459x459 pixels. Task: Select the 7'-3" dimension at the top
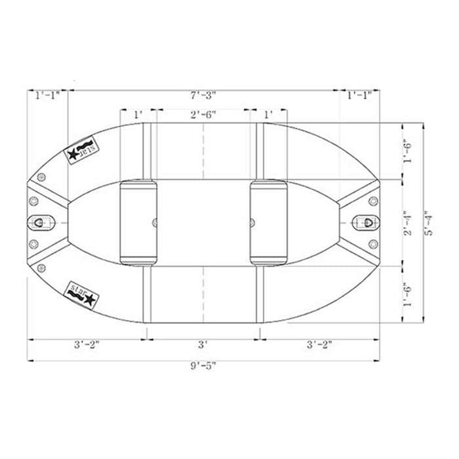click(x=203, y=96)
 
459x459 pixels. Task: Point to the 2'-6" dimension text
click(x=203, y=115)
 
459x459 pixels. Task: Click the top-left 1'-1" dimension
click(x=47, y=96)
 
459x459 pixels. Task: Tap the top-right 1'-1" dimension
click(x=359, y=96)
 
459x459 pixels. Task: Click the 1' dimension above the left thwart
click(x=138, y=115)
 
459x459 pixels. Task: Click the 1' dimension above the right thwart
click(x=268, y=115)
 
